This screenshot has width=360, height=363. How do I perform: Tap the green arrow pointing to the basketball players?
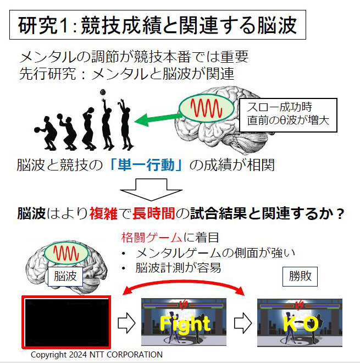(157, 116)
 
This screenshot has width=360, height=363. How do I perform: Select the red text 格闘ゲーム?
(151, 238)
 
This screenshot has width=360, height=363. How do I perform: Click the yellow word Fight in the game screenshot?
(185, 323)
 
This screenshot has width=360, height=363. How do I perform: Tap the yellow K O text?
(300, 324)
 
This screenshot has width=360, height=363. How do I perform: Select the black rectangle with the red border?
(67, 322)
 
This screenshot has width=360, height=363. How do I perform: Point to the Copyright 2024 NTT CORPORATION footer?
(97, 355)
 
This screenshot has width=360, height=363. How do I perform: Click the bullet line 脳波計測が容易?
(178, 268)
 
